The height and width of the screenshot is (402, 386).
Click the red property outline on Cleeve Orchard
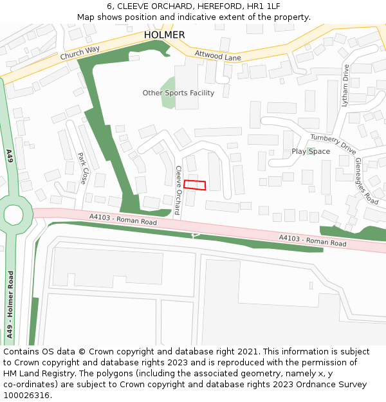195,185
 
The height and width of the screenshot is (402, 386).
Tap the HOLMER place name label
164,35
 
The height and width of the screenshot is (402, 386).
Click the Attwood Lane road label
217,57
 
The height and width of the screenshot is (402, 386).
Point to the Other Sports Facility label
178,93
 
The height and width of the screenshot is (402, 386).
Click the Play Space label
311,152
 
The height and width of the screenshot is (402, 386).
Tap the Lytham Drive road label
345,85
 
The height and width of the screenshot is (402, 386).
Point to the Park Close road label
82,168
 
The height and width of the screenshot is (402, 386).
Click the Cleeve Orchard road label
178,190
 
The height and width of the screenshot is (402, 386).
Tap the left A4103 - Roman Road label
124,221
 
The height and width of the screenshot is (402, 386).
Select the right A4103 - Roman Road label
313,241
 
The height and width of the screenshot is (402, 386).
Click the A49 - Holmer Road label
10,304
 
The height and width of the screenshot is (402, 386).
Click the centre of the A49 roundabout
13,214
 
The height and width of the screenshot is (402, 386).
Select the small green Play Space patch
310,151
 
